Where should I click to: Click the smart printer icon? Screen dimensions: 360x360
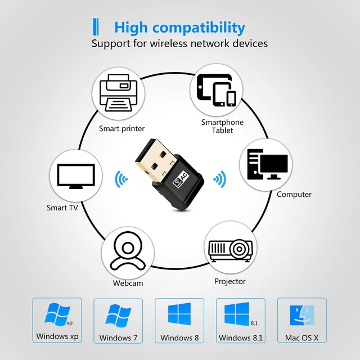pyautogui.click(x=119, y=93)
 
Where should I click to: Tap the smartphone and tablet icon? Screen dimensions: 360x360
pyautogui.click(x=217, y=90)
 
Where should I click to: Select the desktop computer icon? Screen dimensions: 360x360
pyautogui.click(x=267, y=164)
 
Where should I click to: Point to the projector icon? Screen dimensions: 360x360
pyautogui.click(x=230, y=251)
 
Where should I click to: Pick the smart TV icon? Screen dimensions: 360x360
pyautogui.click(x=76, y=176)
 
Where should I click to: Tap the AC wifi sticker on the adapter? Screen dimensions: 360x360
pyautogui.click(x=181, y=178)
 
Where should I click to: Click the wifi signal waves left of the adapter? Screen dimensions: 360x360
pyautogui.click(x=121, y=179)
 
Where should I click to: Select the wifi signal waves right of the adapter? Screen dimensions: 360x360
pyautogui.click(x=220, y=179)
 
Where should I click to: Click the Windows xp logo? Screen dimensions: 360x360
pyautogui.click(x=57, y=314)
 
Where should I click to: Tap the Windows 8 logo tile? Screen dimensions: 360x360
pyautogui.click(x=179, y=314)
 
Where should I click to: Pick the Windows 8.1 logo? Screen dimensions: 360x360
pyautogui.click(x=237, y=314)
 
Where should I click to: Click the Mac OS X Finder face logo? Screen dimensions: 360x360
pyautogui.click(x=302, y=315)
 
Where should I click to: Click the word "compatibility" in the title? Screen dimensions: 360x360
pyautogui.click(x=199, y=28)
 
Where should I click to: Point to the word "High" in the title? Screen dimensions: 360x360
pyautogui.click(x=131, y=28)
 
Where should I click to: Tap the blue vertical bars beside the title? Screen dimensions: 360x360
pyautogui.click(x=96, y=27)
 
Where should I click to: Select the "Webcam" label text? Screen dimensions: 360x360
pyautogui.click(x=128, y=283)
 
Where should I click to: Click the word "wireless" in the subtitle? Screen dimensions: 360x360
pyautogui.click(x=169, y=43)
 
